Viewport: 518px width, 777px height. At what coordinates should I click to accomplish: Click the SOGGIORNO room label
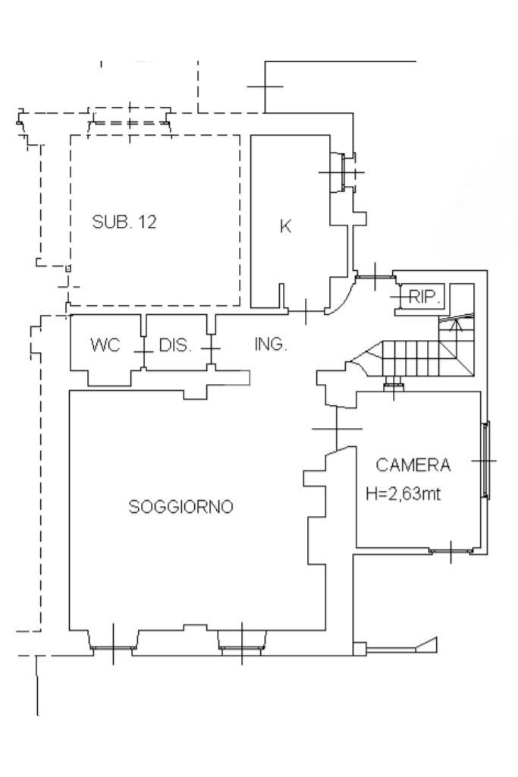pyautogui.click(x=180, y=507)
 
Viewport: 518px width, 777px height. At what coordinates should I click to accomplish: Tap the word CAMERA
pyautogui.click(x=413, y=464)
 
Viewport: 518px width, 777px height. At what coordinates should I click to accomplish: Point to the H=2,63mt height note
pyautogui.click(x=403, y=494)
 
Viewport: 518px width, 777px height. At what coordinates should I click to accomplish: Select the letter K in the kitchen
pyautogui.click(x=285, y=227)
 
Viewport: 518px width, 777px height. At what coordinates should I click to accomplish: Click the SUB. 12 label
pyautogui.click(x=124, y=223)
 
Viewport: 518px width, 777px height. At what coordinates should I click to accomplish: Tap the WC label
pyautogui.click(x=105, y=345)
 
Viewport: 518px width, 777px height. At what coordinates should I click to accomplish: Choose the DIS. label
pyautogui.click(x=175, y=346)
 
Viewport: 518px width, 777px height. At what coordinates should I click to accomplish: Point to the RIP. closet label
pyautogui.click(x=425, y=297)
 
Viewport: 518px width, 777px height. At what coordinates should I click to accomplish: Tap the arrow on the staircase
pyautogui.click(x=454, y=326)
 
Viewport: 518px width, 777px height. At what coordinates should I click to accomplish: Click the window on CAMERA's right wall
pyautogui.click(x=485, y=461)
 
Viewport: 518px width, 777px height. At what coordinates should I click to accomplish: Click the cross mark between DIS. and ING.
pyautogui.click(x=210, y=349)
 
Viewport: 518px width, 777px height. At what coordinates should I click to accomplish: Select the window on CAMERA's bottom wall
pyautogui.click(x=451, y=551)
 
